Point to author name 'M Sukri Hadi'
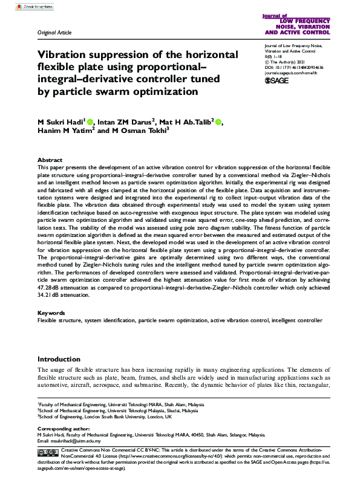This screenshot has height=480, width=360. point(61,123)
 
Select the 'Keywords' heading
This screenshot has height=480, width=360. point(51,313)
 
